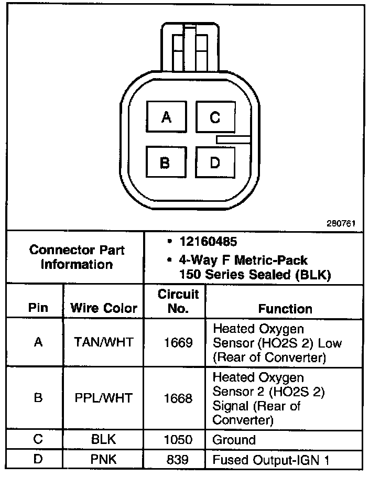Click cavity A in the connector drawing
[166, 117]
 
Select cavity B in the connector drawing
[165, 162]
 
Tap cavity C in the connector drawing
[215, 117]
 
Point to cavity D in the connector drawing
[215, 162]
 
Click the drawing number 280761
[342, 223]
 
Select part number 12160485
[208, 242]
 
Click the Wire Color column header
[104, 308]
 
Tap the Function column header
[285, 308]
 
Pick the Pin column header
[38, 308]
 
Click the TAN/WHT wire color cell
[104, 343]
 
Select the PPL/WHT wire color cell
[104, 398]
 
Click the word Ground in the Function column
[234, 440]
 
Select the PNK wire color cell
[104, 460]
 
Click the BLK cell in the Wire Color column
[104, 440]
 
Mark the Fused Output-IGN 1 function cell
[270, 460]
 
